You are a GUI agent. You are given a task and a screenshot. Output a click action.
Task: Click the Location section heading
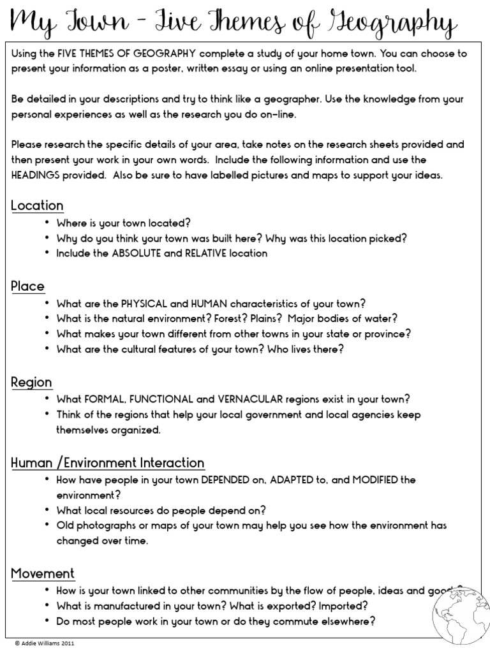coord(37,205)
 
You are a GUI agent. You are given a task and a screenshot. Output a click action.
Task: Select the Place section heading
coord(27,286)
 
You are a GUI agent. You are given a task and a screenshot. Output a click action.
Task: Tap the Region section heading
coord(31,382)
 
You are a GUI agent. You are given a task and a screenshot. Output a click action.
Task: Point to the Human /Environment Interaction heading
coord(108,463)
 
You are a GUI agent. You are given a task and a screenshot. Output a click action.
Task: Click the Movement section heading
coord(43,573)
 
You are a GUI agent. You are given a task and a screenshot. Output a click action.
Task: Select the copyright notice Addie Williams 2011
coord(43,644)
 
